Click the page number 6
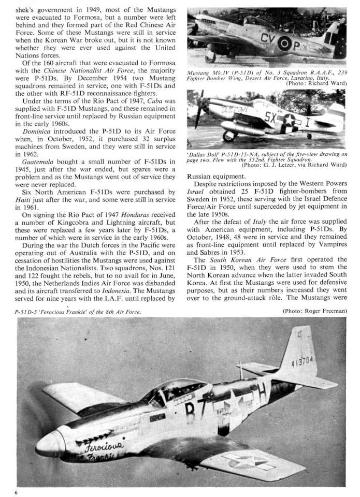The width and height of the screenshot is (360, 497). [x=16, y=492]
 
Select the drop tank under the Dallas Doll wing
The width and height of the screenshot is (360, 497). [x=244, y=127]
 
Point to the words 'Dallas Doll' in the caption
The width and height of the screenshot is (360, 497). [x=203, y=154]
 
